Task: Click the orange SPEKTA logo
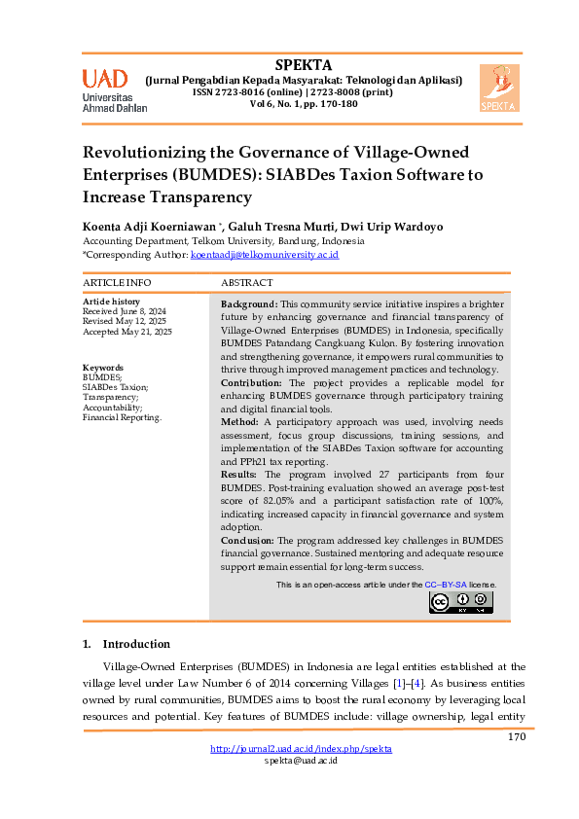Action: (499, 89)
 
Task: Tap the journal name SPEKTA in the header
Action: (303, 65)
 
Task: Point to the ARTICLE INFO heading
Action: (117, 282)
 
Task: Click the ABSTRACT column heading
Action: (248, 282)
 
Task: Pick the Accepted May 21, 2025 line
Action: (127, 332)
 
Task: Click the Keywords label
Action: (103, 367)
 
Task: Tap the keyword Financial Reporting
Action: (122, 416)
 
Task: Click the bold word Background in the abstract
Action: (250, 303)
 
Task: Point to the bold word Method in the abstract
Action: (239, 423)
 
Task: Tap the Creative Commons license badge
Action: (461, 602)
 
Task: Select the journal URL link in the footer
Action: (301, 749)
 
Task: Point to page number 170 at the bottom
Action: (516, 736)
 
